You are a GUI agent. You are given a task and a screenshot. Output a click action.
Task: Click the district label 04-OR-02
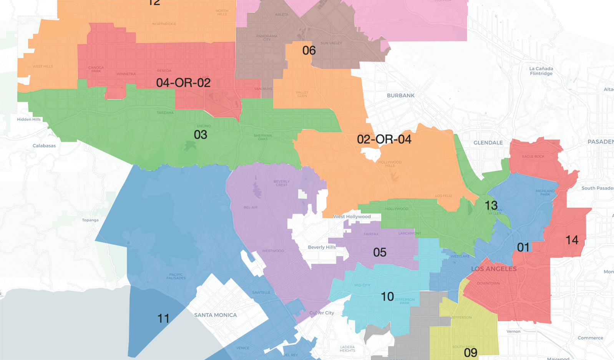click(x=183, y=83)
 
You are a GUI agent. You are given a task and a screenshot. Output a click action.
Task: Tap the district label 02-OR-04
click(x=384, y=139)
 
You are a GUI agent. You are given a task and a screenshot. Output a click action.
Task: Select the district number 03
click(x=200, y=135)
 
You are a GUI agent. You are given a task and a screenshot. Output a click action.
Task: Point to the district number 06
click(x=309, y=51)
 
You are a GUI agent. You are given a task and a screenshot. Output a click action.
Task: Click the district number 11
click(x=163, y=319)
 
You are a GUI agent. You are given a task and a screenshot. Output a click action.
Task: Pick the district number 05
click(x=380, y=252)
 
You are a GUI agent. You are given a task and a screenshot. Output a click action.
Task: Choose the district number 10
click(x=387, y=297)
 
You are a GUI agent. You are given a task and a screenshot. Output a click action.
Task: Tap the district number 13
click(x=491, y=206)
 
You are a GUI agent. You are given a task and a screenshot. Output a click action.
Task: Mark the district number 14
click(x=572, y=241)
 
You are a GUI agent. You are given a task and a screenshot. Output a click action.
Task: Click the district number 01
click(x=523, y=247)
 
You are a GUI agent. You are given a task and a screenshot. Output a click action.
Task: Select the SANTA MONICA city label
click(x=215, y=315)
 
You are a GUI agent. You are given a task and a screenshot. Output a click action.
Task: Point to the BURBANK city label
click(x=401, y=95)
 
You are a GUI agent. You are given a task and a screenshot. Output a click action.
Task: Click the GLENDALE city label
click(x=488, y=143)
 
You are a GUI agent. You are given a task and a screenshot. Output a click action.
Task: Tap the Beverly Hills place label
click(x=322, y=247)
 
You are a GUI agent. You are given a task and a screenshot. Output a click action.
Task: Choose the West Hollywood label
click(x=352, y=217)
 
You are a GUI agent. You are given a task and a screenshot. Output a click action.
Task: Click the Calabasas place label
click(x=44, y=146)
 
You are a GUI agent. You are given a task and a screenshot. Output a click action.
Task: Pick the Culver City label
click(x=322, y=313)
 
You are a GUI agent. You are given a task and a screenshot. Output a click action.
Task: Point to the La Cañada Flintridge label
click(x=541, y=71)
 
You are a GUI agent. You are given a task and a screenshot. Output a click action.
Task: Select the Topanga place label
click(x=90, y=220)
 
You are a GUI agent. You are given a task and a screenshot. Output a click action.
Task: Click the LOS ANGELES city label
click(x=494, y=269)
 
